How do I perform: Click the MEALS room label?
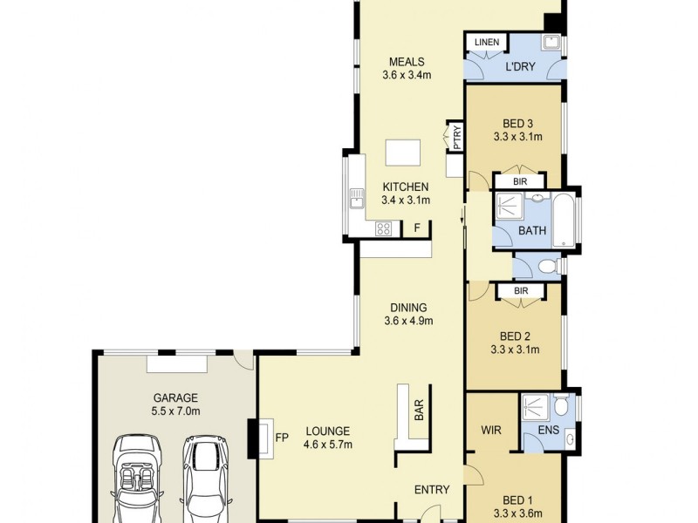coord(407,62)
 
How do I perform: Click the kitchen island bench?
coord(402,153)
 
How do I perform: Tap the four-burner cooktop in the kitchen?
coord(382,229)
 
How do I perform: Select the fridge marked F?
coord(418,228)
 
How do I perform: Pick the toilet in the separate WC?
coord(547,267)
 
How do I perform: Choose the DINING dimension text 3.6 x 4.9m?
coord(408,321)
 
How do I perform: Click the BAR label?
coord(419,410)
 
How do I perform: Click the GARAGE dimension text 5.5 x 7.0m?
coord(177,411)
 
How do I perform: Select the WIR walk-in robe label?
coord(490,430)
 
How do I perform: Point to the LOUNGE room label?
coord(327,431)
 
